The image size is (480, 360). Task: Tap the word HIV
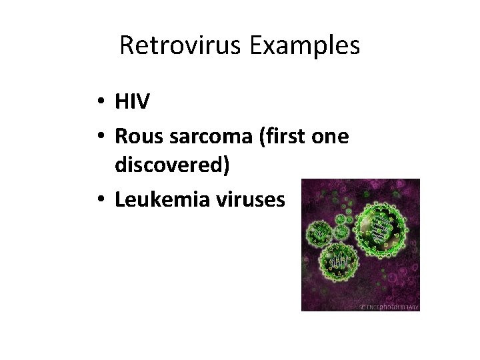132,102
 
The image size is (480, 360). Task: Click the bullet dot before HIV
97,103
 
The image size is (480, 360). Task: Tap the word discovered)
173,165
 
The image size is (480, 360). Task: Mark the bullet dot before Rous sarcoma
97,137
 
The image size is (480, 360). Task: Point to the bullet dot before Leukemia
97,200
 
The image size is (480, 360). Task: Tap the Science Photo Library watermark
389,307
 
